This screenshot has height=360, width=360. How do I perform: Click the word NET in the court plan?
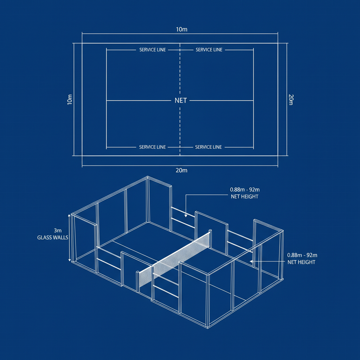point(181,101)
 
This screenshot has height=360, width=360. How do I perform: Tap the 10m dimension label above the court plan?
point(181,30)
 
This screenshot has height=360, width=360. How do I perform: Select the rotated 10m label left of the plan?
point(70,99)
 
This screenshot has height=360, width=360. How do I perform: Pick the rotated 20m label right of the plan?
point(291,99)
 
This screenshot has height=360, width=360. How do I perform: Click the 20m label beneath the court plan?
point(181,171)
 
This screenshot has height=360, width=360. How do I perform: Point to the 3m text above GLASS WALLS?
point(58,231)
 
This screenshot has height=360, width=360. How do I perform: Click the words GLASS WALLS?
point(53,238)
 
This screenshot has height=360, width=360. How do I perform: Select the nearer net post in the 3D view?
point(137,281)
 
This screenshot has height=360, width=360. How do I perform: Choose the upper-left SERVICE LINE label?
point(152,50)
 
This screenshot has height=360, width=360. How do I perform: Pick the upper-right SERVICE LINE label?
point(209,50)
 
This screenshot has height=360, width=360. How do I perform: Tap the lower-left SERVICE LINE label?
point(152,147)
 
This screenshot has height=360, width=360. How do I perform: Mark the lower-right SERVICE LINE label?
point(208,147)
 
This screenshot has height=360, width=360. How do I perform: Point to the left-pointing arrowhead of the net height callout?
point(251,262)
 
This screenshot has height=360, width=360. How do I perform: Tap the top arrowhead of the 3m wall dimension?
point(69,215)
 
